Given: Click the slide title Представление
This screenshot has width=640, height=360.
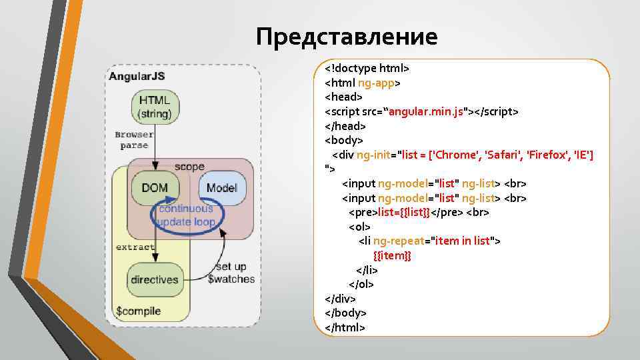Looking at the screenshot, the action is coord(347,36).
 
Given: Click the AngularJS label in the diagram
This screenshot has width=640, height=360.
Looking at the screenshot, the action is coord(137,75).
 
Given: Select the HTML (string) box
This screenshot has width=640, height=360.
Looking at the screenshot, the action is coord(155,107).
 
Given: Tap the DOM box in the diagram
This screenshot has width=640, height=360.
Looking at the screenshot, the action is coord(155,188).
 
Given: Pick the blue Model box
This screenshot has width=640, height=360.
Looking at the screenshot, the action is coord(221,188).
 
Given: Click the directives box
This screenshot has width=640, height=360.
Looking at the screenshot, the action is coord(155,279).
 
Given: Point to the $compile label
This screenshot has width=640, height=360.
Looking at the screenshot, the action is coord(138,311).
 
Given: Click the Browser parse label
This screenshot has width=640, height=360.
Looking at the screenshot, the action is coord(134,139).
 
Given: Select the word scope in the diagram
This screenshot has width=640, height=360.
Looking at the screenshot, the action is coord(189,166).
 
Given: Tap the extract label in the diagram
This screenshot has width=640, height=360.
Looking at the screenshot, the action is coord(135,247).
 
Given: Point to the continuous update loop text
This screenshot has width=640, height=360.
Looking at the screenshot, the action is coord(187,215).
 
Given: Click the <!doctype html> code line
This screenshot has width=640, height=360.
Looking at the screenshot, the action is coord(367,68).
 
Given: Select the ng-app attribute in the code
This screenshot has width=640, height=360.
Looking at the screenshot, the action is coord(376,83).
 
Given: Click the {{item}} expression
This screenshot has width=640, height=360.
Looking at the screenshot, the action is coord(392,255).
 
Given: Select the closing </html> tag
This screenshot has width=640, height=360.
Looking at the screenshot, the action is coord(345,327).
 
